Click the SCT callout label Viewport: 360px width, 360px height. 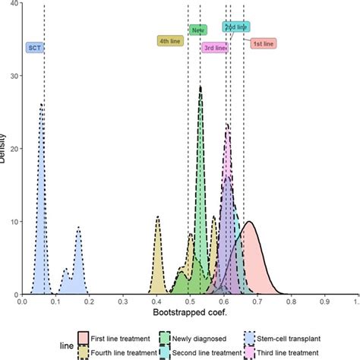point(34,47)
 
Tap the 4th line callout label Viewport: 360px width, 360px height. point(169,41)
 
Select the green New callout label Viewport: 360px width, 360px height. point(198,30)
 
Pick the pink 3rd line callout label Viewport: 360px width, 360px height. point(215,47)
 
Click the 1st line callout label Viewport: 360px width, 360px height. point(264,43)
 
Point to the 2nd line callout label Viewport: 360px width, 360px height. point(236,27)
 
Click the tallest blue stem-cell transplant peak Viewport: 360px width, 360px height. point(42,106)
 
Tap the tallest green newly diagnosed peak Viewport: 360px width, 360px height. point(201,88)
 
